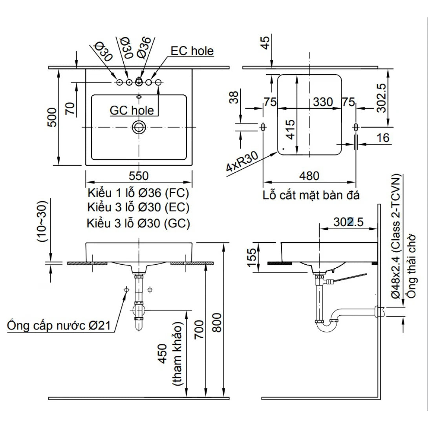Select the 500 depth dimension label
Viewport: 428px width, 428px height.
click(52, 117)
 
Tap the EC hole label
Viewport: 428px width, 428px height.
click(192, 51)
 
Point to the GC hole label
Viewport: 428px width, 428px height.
click(132, 110)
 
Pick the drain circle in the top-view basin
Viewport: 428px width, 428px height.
click(139, 127)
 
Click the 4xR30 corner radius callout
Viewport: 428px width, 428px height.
click(241, 163)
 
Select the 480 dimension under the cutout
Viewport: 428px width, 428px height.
click(309, 176)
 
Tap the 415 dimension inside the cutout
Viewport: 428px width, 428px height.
click(291, 129)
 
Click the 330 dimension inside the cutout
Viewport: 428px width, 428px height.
click(323, 102)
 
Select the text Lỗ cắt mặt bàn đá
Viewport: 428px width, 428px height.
click(311, 195)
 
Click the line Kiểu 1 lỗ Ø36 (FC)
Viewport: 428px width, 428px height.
click(138, 193)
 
